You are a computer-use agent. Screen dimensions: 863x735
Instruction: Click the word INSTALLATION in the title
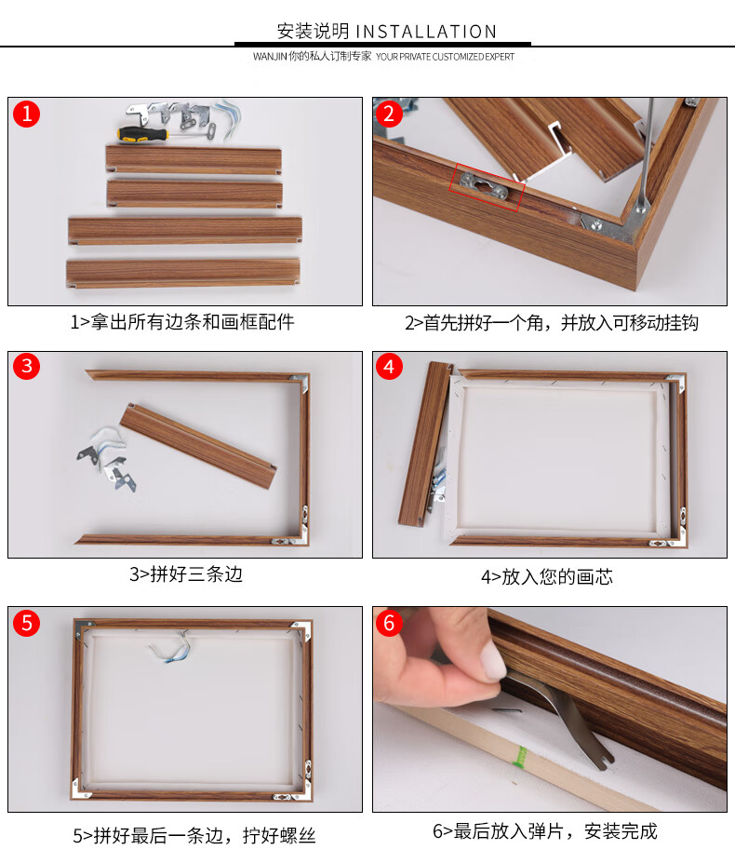(426, 32)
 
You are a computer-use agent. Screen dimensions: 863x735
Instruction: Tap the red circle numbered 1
(27, 115)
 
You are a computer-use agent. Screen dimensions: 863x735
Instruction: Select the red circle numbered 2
(390, 115)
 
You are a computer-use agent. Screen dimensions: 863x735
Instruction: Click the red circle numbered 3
(27, 367)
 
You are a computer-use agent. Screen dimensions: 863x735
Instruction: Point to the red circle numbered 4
(390, 367)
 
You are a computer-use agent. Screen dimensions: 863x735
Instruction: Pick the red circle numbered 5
(27, 622)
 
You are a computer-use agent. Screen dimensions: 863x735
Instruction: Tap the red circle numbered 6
(390, 622)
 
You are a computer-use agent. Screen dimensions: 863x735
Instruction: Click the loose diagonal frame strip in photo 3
(199, 444)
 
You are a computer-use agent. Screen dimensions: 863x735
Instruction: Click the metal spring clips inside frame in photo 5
(173, 648)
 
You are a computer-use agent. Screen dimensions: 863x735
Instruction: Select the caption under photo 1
(182, 323)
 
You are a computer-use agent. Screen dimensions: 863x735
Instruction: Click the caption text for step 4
(547, 577)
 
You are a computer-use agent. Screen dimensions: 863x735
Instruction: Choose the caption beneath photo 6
(545, 831)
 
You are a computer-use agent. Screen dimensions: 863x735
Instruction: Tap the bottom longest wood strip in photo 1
(182, 273)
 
